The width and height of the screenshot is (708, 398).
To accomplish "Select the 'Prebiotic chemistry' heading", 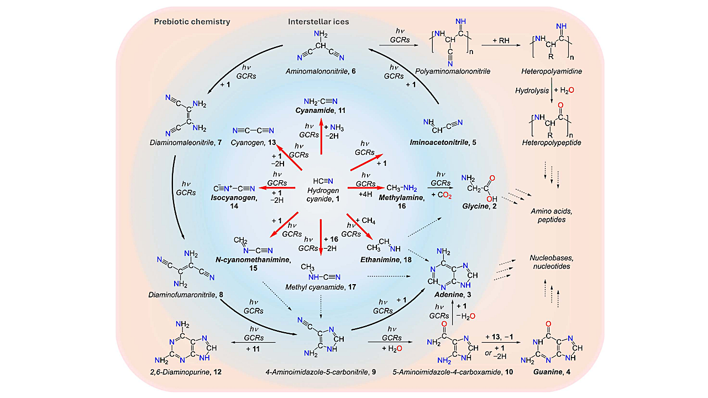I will (x=192, y=22).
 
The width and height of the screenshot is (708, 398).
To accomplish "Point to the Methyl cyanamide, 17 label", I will (x=321, y=287).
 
